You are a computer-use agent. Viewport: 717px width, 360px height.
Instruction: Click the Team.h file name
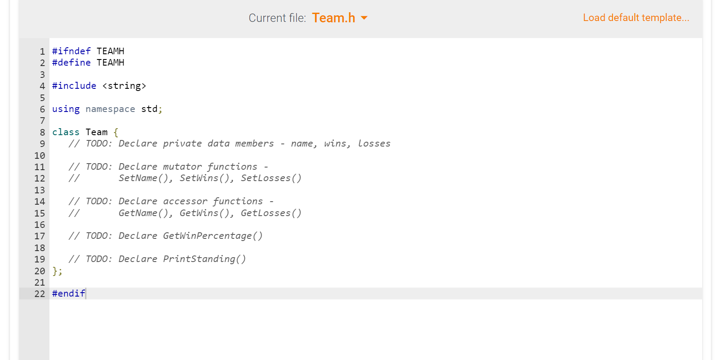[x=333, y=18]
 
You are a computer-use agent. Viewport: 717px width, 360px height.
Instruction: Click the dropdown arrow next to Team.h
[x=364, y=18]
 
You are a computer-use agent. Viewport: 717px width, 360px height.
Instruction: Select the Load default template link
[x=636, y=17]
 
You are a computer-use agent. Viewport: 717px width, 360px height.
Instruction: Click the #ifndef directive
[x=71, y=51]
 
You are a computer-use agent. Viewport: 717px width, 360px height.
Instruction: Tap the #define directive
[x=71, y=63]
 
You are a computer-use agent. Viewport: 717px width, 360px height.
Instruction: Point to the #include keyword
[x=74, y=86]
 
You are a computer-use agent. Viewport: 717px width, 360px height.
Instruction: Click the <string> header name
[x=124, y=86]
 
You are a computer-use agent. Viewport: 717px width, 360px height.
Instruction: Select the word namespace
[x=110, y=109]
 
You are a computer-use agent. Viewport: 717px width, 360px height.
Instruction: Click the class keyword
[x=66, y=132]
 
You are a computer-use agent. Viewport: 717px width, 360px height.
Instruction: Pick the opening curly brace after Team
[x=116, y=132]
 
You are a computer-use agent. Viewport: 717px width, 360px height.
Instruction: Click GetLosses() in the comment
[x=271, y=213]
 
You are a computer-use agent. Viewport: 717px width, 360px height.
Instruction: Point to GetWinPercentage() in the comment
[x=213, y=236]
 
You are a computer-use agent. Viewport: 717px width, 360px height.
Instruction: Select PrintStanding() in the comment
[x=205, y=259]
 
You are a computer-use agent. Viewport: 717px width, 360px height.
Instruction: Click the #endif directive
[x=69, y=294]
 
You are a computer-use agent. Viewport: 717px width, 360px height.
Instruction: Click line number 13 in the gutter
[x=40, y=190]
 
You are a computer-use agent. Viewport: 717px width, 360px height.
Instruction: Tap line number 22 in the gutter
[x=40, y=294]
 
